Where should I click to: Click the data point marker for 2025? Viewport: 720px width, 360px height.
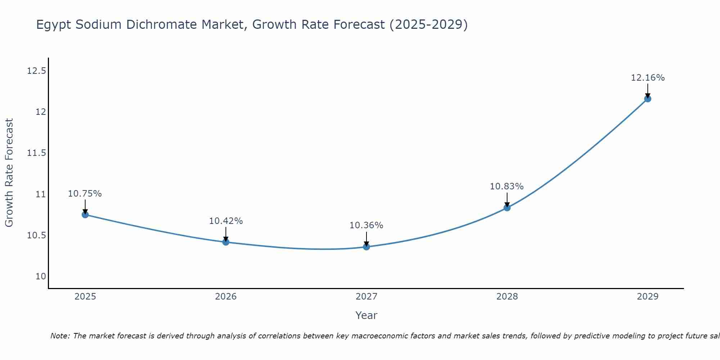pyautogui.click(x=85, y=215)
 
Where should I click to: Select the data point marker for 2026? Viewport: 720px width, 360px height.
pyautogui.click(x=226, y=242)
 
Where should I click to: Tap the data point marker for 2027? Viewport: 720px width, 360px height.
pyautogui.click(x=366, y=247)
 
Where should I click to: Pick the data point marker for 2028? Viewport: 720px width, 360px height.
pyautogui.click(x=507, y=208)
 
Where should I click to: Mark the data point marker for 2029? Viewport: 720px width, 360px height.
pyautogui.click(x=648, y=99)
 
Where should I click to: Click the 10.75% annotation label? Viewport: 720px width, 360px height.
pyautogui.click(x=85, y=194)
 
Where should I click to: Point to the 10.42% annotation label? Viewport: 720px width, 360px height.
pyautogui.click(x=226, y=221)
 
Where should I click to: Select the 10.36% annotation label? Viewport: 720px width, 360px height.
pyautogui.click(x=366, y=225)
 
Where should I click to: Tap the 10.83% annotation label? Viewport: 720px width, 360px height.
pyautogui.click(x=507, y=186)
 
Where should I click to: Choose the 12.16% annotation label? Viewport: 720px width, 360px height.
pyautogui.click(x=648, y=78)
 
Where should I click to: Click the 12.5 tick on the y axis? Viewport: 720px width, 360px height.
pyautogui.click(x=37, y=71)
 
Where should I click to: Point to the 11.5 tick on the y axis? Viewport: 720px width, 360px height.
pyautogui.click(x=37, y=153)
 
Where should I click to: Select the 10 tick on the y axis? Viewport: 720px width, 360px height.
pyautogui.click(x=41, y=276)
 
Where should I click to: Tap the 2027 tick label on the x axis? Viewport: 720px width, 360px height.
pyautogui.click(x=366, y=297)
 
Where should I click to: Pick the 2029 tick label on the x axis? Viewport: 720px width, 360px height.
pyautogui.click(x=648, y=297)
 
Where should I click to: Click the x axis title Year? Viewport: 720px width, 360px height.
pyautogui.click(x=366, y=315)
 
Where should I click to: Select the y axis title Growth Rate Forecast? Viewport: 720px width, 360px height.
pyautogui.click(x=9, y=173)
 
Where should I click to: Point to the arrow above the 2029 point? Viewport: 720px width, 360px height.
pyautogui.click(x=648, y=90)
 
